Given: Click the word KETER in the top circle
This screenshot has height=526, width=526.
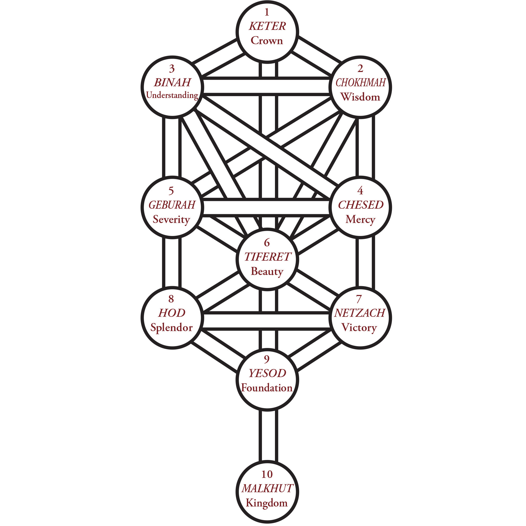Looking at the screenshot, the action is click(267, 26).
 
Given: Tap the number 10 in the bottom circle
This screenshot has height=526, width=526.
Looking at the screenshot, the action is click(267, 474).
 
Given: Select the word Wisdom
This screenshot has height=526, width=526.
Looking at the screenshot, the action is click(360, 97).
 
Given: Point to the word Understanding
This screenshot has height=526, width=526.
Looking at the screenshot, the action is click(172, 95).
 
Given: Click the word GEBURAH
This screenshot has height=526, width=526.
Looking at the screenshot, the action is click(172, 205).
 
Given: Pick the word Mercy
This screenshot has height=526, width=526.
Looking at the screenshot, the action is click(360, 219).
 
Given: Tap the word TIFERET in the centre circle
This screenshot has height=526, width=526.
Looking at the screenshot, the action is click(267, 257).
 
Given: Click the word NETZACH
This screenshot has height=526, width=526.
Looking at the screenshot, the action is click(360, 313).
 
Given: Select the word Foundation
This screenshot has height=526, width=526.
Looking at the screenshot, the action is click(267, 388).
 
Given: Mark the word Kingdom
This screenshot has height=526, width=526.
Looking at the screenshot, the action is click(267, 503).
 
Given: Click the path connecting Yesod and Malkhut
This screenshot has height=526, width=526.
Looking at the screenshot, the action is click(268, 436).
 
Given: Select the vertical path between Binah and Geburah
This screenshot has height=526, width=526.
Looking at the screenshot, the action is click(172, 147).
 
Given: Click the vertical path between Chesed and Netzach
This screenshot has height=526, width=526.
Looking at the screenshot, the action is click(365, 263).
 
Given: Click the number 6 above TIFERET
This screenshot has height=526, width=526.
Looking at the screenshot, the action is click(267, 242).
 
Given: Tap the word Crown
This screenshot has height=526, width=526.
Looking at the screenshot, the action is click(267, 41).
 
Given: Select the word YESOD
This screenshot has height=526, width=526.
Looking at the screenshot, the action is click(267, 373).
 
